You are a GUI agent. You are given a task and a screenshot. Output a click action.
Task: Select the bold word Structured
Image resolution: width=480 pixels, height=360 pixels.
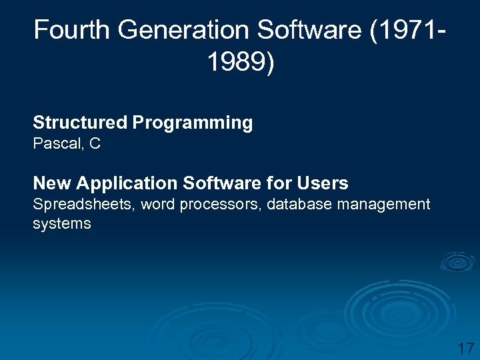[79, 123]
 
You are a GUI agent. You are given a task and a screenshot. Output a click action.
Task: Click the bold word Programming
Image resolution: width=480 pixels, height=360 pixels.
[193, 123]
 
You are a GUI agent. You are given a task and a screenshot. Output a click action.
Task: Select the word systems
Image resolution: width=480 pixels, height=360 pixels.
[61, 224]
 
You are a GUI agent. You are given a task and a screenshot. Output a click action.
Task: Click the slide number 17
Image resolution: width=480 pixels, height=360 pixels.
[465, 348]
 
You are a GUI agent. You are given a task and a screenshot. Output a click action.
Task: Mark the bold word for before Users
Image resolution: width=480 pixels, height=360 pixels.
[280, 183]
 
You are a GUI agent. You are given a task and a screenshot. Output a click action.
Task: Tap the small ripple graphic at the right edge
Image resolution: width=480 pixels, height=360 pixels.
[457, 262]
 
